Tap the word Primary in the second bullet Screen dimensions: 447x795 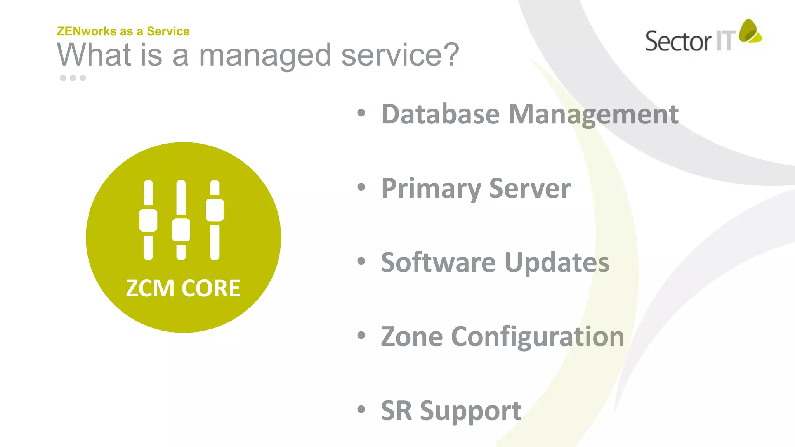coord(431,189)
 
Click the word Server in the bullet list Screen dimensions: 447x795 coord(529,189)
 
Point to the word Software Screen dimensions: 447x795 coord(438,262)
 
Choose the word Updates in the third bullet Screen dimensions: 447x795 coord(557,263)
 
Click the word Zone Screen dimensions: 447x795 coord(411,336)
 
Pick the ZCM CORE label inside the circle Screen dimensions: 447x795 coord(183,288)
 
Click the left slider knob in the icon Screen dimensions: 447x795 coord(148,220)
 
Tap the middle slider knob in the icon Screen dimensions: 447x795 coord(181,230)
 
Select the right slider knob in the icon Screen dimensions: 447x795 coord(215,210)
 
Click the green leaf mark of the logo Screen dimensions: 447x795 coord(749,31)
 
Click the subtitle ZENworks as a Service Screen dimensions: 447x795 coord(123,31)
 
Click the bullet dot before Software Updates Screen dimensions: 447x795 coord(361,261)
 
